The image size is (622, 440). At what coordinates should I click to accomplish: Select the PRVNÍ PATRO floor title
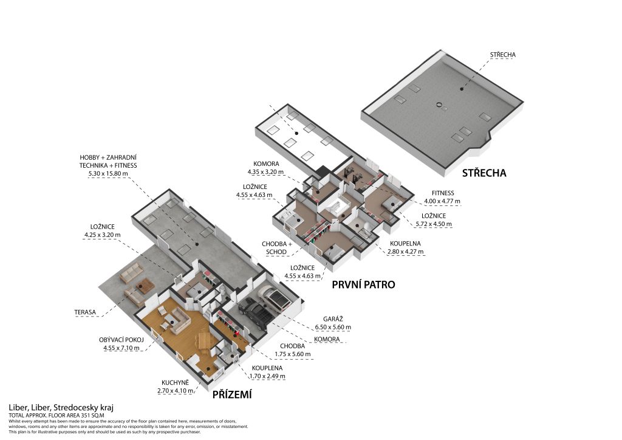(x=363, y=284)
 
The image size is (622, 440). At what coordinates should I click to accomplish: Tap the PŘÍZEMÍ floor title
(x=232, y=395)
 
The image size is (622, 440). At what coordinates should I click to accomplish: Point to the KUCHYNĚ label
(x=177, y=382)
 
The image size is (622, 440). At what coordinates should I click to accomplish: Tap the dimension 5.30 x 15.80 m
(x=108, y=174)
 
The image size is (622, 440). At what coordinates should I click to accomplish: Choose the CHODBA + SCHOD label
(x=279, y=248)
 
